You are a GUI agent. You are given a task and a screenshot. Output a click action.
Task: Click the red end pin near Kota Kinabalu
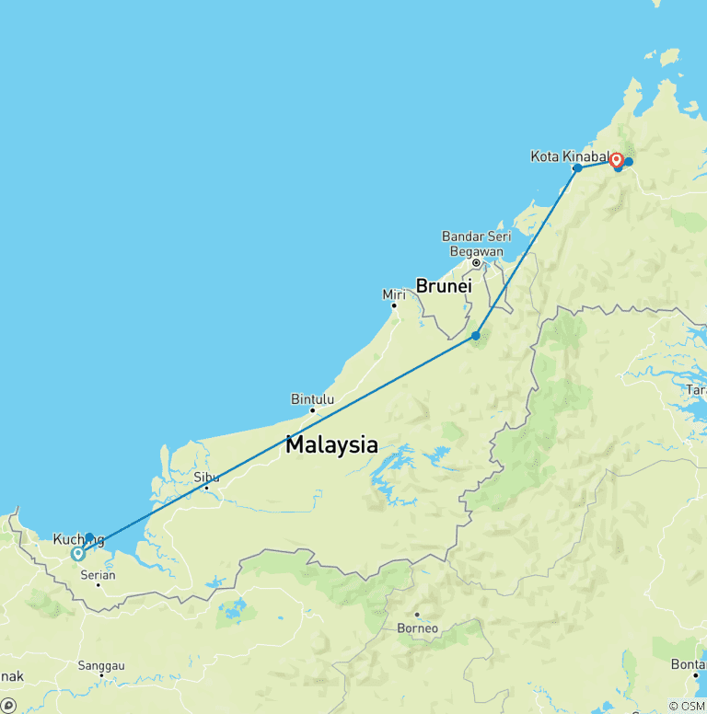616,160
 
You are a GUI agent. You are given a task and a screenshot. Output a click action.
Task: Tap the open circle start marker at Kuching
78,554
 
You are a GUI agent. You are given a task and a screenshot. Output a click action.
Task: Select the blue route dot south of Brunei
476,335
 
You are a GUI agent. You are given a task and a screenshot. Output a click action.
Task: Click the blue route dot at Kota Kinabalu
577,168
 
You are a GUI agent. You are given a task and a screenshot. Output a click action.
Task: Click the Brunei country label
444,286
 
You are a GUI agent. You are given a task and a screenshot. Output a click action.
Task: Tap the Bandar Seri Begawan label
476,244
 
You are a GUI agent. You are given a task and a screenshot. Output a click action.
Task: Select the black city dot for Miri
394,305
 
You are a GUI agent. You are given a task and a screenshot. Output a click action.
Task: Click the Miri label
393,294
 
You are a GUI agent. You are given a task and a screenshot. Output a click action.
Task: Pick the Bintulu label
312,399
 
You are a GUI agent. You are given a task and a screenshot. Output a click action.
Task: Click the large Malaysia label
331,445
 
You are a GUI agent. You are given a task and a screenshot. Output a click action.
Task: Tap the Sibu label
206,477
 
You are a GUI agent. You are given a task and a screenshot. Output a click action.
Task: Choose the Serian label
99,575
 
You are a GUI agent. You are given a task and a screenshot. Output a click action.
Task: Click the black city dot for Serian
99,585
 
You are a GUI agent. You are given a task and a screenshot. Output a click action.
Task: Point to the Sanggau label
101,665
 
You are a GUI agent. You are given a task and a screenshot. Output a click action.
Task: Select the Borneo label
416,628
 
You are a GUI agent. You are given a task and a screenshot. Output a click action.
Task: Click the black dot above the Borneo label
417,615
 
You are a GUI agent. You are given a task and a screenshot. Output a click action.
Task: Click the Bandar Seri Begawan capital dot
476,262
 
